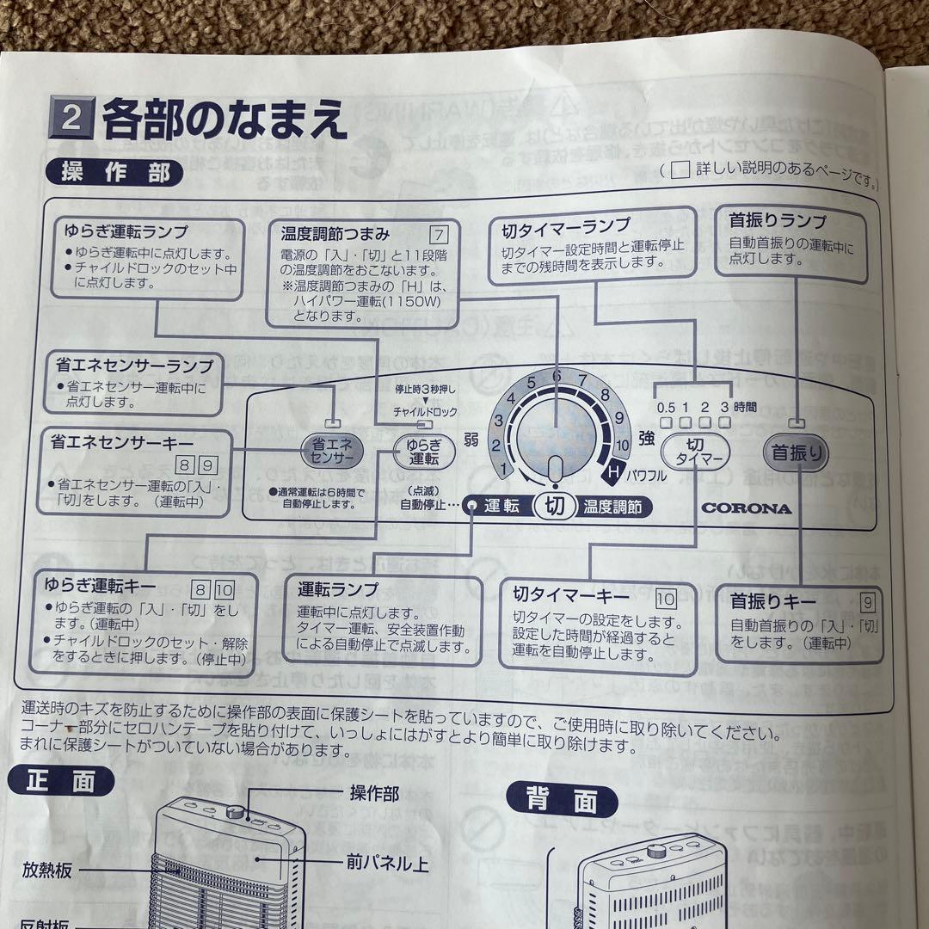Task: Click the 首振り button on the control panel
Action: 797,452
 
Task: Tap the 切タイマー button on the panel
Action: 695,452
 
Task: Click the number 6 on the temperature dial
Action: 557,376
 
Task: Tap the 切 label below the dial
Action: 556,506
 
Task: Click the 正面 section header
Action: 60,780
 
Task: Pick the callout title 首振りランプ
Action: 777,221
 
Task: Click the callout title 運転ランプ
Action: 338,590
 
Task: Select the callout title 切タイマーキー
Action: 571,594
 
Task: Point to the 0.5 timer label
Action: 665,408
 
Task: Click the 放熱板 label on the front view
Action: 47,871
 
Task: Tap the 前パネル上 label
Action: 389,864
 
